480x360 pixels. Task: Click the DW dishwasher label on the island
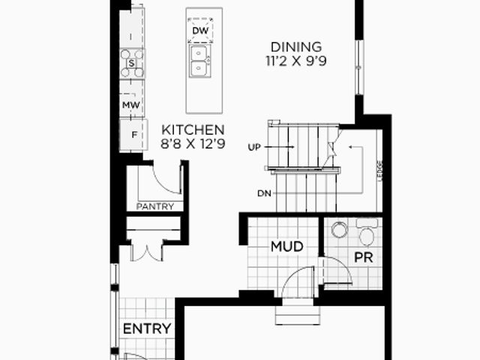200,30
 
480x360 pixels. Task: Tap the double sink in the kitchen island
200,61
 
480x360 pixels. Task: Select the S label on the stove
132,63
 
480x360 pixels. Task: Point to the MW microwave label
131,105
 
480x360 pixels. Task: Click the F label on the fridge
134,135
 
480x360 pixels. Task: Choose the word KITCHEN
193,130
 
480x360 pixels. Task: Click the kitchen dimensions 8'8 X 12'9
193,143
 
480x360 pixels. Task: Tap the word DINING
296,47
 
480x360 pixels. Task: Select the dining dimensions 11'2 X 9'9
296,61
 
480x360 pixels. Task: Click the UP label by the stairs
254,148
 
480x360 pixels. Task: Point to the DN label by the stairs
265,193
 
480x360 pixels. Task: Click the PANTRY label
155,207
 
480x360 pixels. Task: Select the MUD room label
287,247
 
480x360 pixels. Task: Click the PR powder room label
364,257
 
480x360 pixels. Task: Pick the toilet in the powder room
367,232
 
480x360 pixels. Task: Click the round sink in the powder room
340,229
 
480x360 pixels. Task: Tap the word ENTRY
147,329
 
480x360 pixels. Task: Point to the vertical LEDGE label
380,171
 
